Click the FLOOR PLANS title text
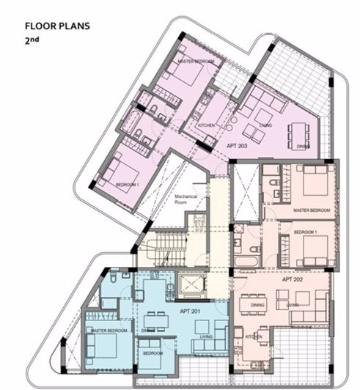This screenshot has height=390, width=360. point(56,26)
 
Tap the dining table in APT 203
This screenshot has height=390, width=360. point(301,134)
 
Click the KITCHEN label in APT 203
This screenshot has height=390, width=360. point(207,125)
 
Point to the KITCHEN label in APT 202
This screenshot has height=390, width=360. point(253,336)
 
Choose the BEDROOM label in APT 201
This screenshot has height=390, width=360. point(153,353)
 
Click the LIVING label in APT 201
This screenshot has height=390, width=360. point(206,336)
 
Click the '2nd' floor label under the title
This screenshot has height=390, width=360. point(34,43)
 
